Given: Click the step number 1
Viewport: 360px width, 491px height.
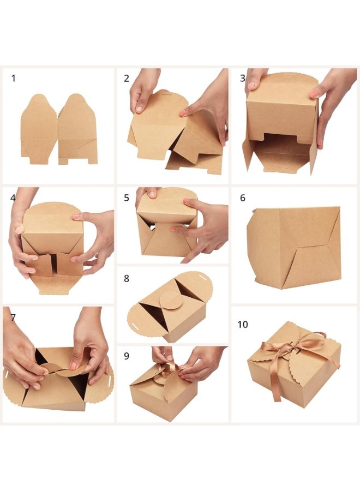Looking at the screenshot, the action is point(13,78).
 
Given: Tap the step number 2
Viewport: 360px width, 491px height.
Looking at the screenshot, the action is point(127,78).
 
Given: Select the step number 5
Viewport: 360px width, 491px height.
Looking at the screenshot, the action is point(127,198).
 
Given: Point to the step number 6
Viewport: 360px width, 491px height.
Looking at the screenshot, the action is point(243,198).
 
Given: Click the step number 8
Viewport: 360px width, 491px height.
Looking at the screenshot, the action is point(127,278).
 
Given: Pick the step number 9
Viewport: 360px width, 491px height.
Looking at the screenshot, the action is point(127,356).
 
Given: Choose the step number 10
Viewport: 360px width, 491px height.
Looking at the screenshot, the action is point(243,324).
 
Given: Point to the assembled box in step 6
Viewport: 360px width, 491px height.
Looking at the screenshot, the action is point(293,247).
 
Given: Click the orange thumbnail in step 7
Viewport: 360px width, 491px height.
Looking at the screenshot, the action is point(74,366).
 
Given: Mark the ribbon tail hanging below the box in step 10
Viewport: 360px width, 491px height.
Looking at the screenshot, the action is point(276,385).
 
